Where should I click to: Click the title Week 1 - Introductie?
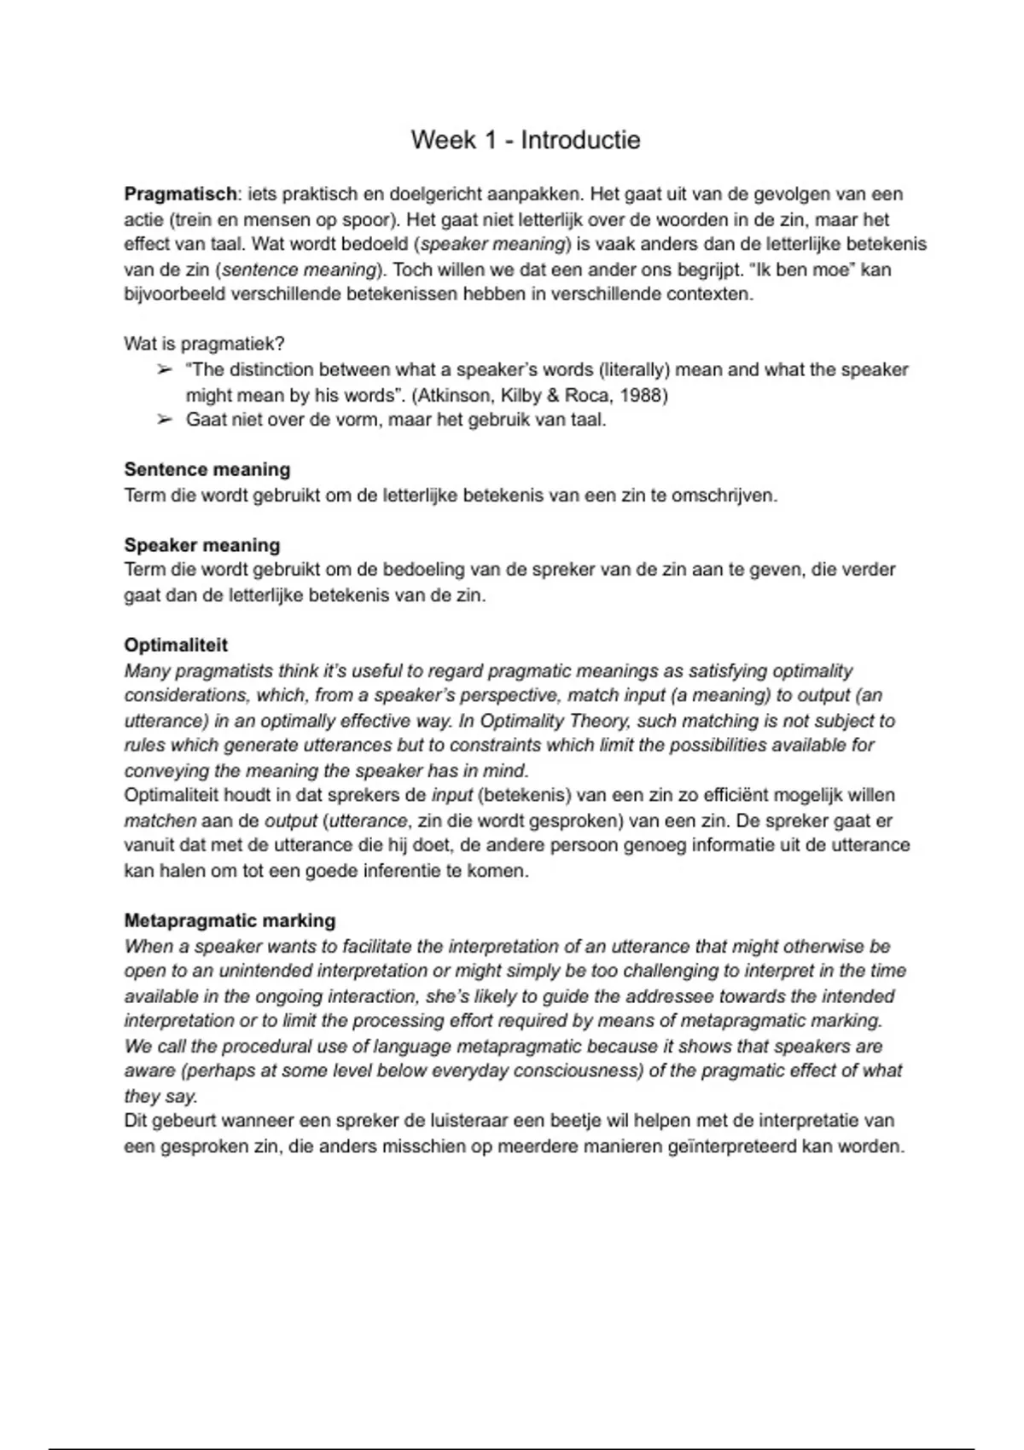(525, 140)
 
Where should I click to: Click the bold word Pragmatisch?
(180, 194)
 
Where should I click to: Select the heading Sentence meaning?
(207, 470)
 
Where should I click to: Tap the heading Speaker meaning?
(202, 545)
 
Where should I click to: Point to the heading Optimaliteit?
(176, 645)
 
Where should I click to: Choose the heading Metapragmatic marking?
(230, 921)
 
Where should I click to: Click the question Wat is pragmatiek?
(204, 344)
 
